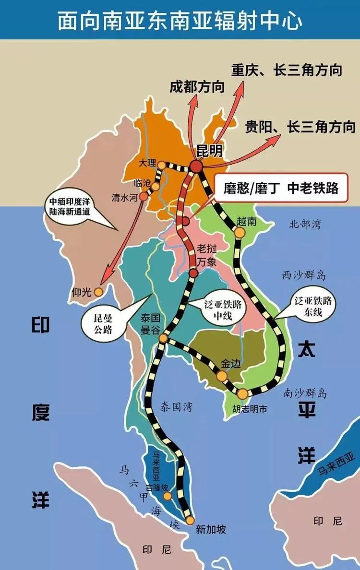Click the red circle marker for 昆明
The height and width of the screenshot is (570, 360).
(196, 166)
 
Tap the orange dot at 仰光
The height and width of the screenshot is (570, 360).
(98, 291)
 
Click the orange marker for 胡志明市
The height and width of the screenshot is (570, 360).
(243, 394)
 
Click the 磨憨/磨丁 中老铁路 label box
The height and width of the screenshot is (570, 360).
(281, 188)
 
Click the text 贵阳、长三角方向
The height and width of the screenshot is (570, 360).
(300, 127)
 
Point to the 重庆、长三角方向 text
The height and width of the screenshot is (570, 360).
(287, 70)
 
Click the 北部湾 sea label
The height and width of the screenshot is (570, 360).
(305, 224)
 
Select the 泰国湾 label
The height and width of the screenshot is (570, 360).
(176, 407)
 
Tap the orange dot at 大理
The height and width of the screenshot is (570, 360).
(162, 165)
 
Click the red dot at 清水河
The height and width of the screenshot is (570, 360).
(143, 196)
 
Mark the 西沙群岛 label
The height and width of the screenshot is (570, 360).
(304, 275)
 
